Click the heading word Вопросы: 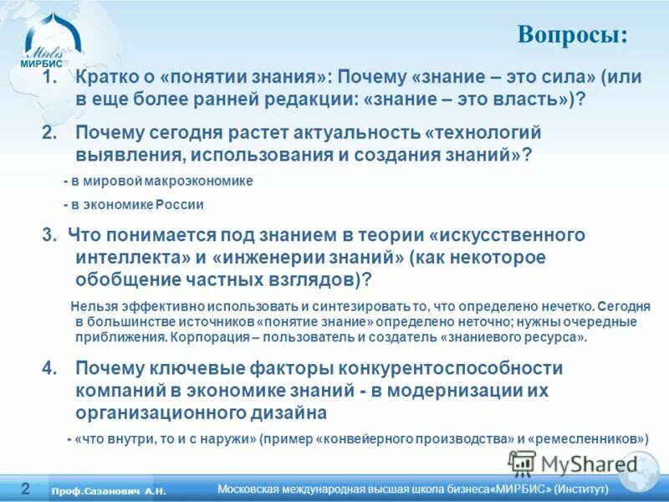[572, 35]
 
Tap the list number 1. [49, 78]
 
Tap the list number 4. [49, 368]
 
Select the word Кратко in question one [103, 78]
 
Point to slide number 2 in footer [26, 488]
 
